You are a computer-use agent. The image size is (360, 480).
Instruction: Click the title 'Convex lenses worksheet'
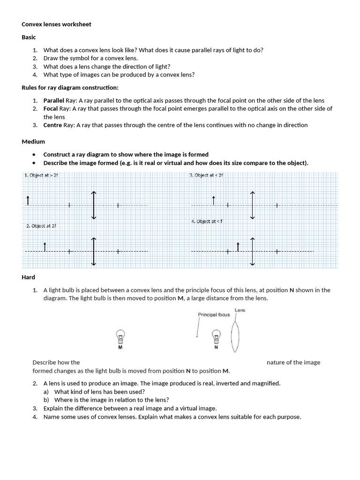56,24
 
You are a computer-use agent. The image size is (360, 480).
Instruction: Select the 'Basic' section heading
29,37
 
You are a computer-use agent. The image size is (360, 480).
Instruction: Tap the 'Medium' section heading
33,142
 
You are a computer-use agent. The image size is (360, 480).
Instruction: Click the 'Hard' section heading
28,277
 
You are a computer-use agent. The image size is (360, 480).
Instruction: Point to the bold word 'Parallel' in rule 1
54,101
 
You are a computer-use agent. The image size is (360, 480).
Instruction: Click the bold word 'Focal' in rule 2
51,109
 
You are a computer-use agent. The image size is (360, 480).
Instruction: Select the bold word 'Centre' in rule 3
52,125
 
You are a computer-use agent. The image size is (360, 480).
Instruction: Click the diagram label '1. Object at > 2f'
41,175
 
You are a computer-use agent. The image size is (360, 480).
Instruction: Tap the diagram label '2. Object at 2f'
41,225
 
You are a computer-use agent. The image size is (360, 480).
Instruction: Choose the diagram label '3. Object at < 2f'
206,175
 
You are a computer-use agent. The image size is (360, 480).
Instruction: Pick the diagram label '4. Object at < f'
207,221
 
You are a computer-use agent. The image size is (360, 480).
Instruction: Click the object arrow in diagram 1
28,201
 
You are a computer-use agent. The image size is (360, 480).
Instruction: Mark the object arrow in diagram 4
238,247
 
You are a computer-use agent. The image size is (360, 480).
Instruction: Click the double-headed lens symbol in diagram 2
94,251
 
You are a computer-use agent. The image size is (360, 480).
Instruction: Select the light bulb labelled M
120,337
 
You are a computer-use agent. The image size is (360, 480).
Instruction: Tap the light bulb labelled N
216,337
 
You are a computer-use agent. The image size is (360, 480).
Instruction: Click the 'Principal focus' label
214,315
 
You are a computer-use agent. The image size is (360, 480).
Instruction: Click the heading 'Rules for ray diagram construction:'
70,88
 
